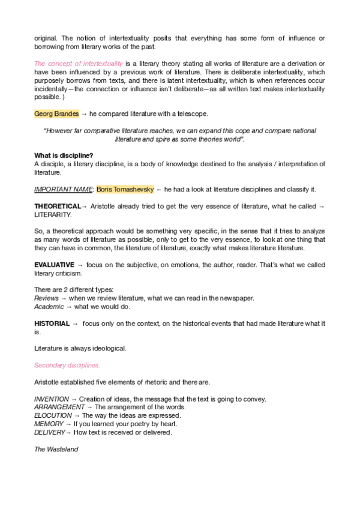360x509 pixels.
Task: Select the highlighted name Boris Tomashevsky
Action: tap(125, 189)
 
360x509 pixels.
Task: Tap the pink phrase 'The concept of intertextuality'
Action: tap(79, 64)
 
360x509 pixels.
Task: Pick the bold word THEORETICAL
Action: tap(57, 206)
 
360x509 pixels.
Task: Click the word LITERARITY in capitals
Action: tap(53, 214)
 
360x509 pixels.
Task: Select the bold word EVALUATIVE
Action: tap(54, 265)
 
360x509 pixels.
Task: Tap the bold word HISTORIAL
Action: tap(52, 324)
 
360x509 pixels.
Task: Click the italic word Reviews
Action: tap(46, 298)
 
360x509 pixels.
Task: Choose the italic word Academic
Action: tap(49, 307)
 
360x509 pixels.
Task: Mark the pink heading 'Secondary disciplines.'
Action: tap(67, 365)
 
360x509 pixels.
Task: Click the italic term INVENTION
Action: tap(52, 399)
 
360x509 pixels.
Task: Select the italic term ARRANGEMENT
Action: tap(59, 407)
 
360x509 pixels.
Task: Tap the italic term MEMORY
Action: tap(49, 424)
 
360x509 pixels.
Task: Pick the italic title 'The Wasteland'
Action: tap(56, 449)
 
